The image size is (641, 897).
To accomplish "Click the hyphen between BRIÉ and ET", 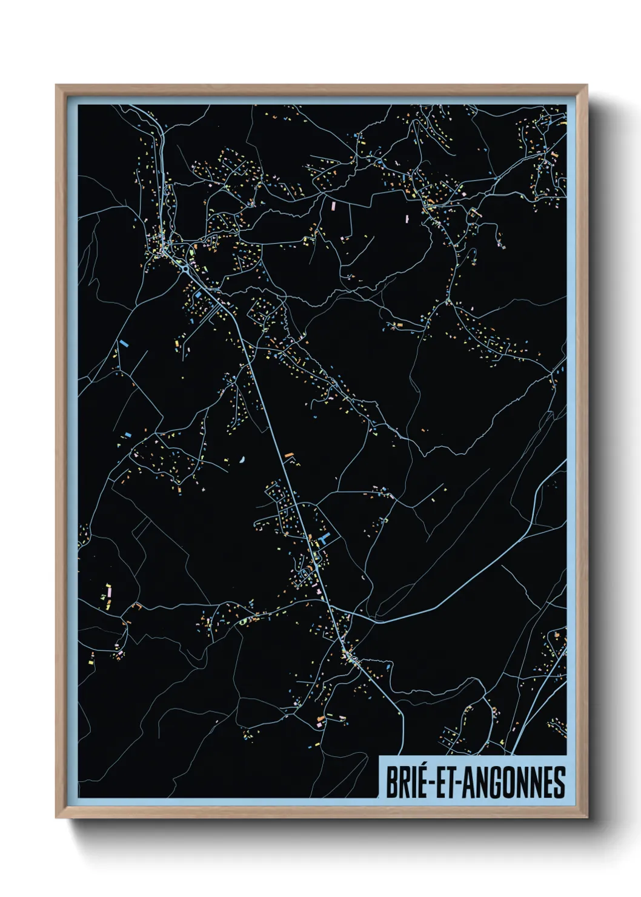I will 431,783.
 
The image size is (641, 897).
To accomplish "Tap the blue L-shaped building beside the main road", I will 324,538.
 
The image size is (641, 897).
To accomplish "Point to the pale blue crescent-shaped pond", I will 242,459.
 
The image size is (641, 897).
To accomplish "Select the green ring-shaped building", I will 242,621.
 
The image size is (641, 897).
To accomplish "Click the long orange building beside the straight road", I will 289,454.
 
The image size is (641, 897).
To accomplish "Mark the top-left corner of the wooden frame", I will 56,85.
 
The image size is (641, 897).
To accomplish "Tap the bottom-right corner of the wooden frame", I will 587,818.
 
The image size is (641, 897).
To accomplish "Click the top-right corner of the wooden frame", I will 587,85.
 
